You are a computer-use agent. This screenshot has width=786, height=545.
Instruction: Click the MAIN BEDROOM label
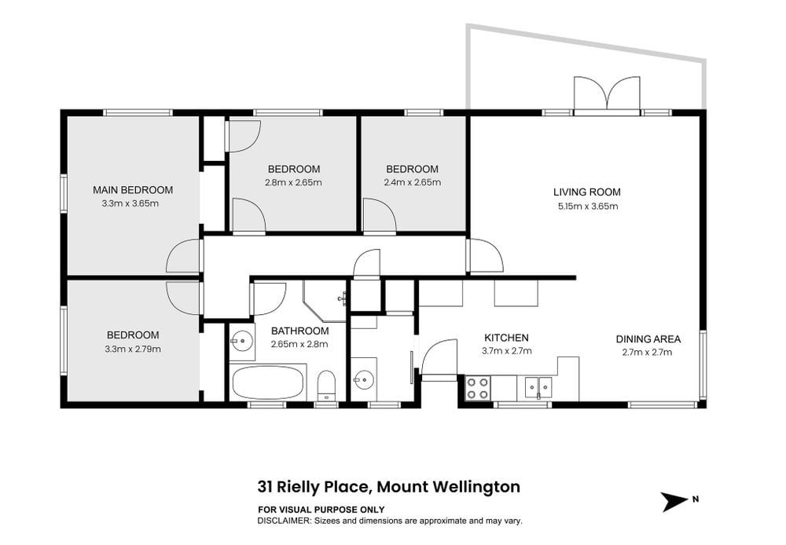[133, 190]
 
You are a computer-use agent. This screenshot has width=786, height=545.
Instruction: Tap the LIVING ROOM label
[587, 192]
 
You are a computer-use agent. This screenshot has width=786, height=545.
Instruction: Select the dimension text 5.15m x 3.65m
[588, 206]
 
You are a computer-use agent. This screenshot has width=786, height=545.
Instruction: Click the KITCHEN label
[506, 338]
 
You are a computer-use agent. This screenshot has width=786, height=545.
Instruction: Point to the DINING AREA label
[648, 339]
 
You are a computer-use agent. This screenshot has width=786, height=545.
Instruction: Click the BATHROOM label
[299, 331]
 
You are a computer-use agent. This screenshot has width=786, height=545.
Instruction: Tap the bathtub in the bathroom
[268, 382]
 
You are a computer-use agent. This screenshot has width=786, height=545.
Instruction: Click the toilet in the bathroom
[326, 386]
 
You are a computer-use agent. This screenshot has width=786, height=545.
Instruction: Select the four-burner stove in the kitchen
[478, 388]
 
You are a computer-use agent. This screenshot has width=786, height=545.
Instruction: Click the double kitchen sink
[538, 387]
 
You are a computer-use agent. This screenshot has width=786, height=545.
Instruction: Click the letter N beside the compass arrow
[696, 499]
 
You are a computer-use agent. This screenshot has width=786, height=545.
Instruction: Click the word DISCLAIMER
[284, 521]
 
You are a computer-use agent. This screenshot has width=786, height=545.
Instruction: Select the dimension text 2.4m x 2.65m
[413, 182]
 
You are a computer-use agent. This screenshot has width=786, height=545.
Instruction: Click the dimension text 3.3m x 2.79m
[133, 349]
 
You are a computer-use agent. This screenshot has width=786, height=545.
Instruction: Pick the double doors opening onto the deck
[607, 93]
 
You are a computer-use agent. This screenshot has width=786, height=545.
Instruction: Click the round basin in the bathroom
[241, 342]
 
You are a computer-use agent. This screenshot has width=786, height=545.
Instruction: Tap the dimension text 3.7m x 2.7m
[507, 351]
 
